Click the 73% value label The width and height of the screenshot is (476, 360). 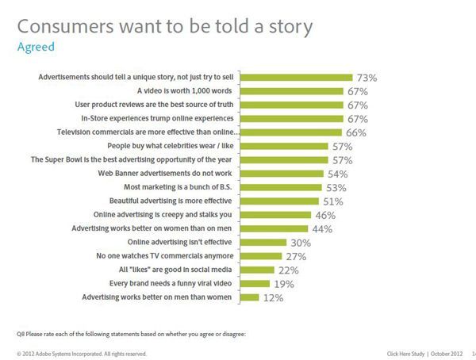point(366,79)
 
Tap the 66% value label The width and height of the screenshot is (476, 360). point(356,132)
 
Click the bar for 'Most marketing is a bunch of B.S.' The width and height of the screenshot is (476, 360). point(281,187)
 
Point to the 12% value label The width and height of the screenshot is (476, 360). point(272,297)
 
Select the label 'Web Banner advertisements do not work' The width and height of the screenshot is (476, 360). point(171,173)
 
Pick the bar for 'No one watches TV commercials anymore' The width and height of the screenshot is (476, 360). point(260,256)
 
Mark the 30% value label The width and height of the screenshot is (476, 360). point(300,243)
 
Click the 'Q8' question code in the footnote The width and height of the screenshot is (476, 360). point(21,334)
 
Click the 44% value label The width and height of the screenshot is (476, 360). point(321,228)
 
